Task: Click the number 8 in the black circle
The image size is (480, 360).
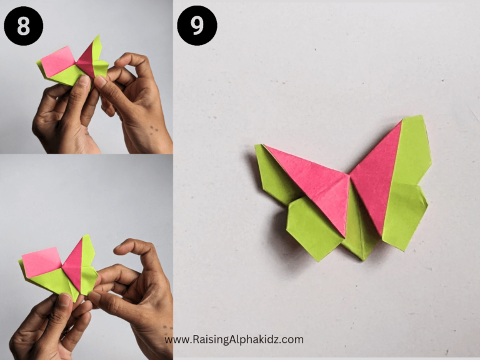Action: coord(23,26)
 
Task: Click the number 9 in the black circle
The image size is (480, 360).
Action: coord(197,26)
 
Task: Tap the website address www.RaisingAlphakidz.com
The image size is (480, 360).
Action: coord(234,340)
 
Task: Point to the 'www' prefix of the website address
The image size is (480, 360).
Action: coord(176,340)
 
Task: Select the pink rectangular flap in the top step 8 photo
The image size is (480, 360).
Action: coord(58,61)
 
